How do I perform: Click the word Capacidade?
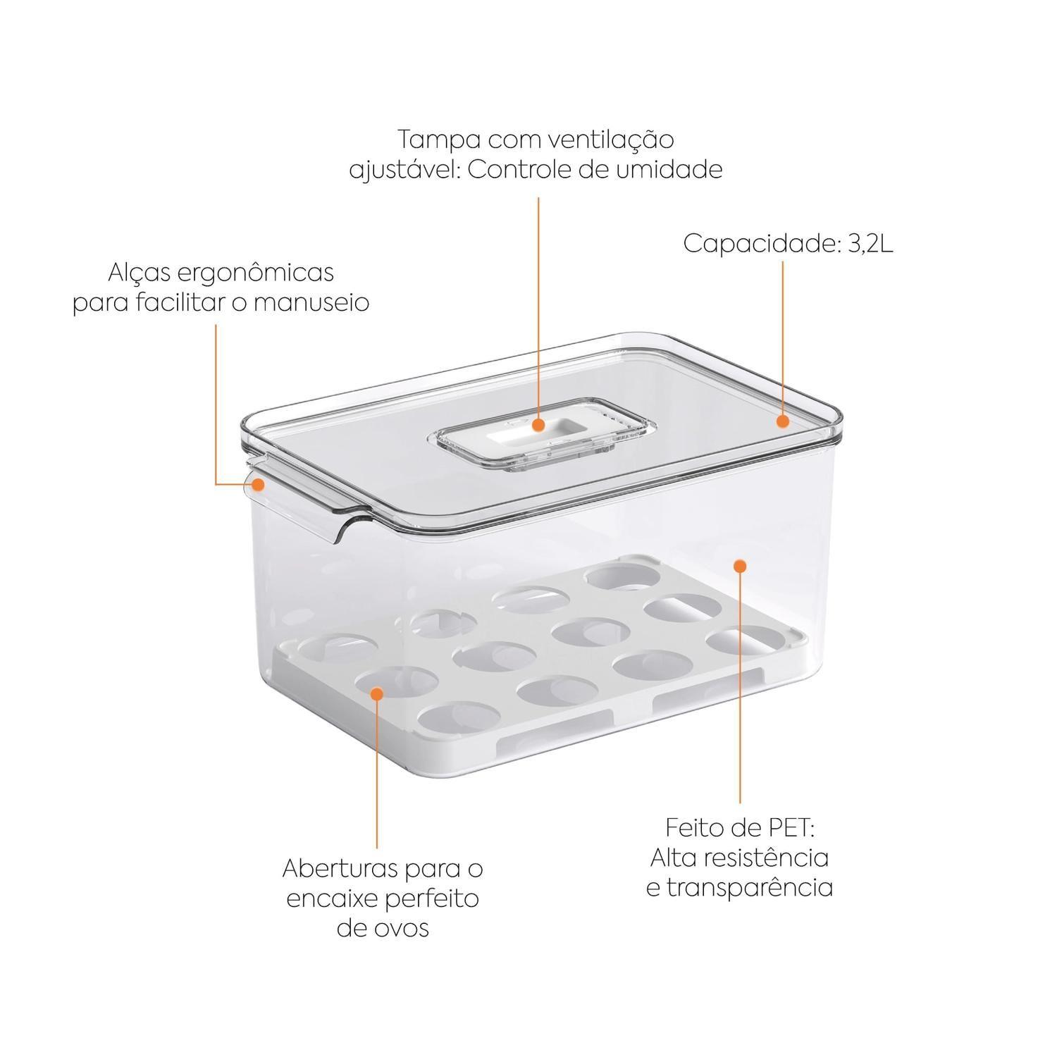point(759,244)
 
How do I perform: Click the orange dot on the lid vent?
point(538,426)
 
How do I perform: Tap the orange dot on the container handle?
point(259,485)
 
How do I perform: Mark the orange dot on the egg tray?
point(377,693)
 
